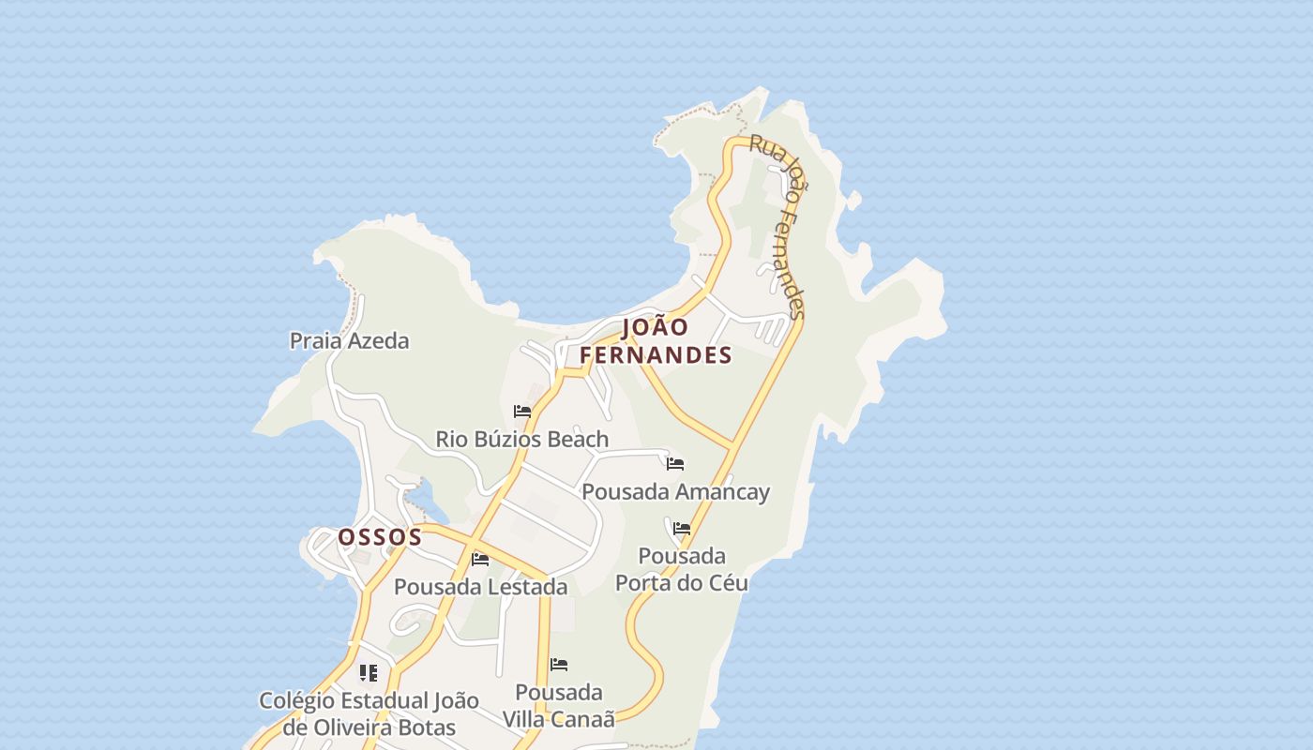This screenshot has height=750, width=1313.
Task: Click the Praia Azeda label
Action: click(x=349, y=340)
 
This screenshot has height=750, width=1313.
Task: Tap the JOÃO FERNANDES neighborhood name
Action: click(x=656, y=341)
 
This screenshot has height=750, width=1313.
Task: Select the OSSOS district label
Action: click(x=380, y=537)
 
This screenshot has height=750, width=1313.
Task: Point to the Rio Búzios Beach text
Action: click(x=521, y=439)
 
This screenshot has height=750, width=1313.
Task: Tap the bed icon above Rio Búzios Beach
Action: click(x=522, y=412)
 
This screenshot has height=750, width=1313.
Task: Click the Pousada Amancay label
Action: click(x=675, y=492)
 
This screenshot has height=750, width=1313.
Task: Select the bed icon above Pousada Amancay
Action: click(x=675, y=463)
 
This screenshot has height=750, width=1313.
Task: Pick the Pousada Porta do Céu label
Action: click(x=682, y=569)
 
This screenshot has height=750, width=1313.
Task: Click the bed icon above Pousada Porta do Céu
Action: click(x=682, y=529)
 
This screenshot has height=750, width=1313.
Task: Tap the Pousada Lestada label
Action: click(x=480, y=587)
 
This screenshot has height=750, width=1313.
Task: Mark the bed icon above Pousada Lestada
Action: click(x=480, y=560)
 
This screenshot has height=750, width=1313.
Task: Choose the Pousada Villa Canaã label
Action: click(x=559, y=706)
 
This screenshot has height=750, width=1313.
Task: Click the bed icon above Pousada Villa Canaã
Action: click(x=559, y=665)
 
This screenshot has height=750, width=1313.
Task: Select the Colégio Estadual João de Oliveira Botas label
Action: click(x=369, y=713)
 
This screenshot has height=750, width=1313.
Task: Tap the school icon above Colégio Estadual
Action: click(x=369, y=673)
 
